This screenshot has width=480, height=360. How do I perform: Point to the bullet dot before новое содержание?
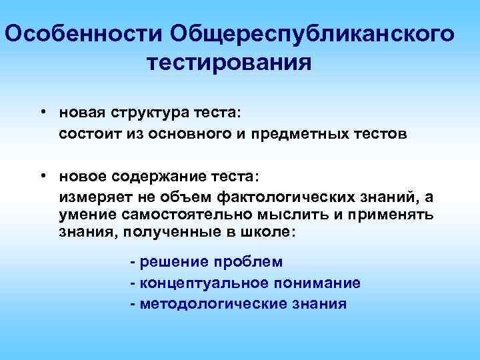click(42, 175)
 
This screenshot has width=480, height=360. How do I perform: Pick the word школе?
click(267, 233)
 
